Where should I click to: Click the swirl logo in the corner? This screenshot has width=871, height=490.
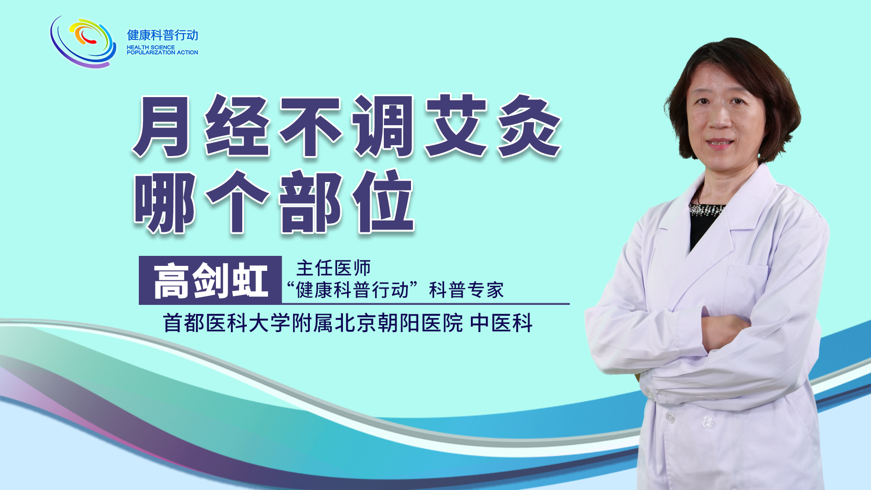[83, 42]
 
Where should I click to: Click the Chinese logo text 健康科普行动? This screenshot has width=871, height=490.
[162, 35]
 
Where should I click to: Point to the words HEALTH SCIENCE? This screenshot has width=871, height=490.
[151, 47]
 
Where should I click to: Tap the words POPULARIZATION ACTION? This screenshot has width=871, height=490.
[162, 53]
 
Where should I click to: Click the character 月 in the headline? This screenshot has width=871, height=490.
[162, 127]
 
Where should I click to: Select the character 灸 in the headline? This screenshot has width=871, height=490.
[530, 126]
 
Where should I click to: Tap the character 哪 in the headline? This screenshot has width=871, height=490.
[165, 202]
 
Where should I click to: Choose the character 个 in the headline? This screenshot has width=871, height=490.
[237, 202]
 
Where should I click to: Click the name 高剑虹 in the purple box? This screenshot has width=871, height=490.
[210, 281]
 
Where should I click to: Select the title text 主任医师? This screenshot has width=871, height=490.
[333, 268]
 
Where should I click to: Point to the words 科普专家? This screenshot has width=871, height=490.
[466, 290]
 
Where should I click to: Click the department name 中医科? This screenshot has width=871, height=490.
[501, 323]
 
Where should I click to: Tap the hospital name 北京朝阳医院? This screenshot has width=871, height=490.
[399, 323]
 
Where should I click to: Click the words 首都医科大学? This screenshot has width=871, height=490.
[227, 323]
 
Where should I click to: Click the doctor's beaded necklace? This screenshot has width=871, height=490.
[706, 209]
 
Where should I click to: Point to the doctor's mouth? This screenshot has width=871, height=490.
[719, 143]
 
